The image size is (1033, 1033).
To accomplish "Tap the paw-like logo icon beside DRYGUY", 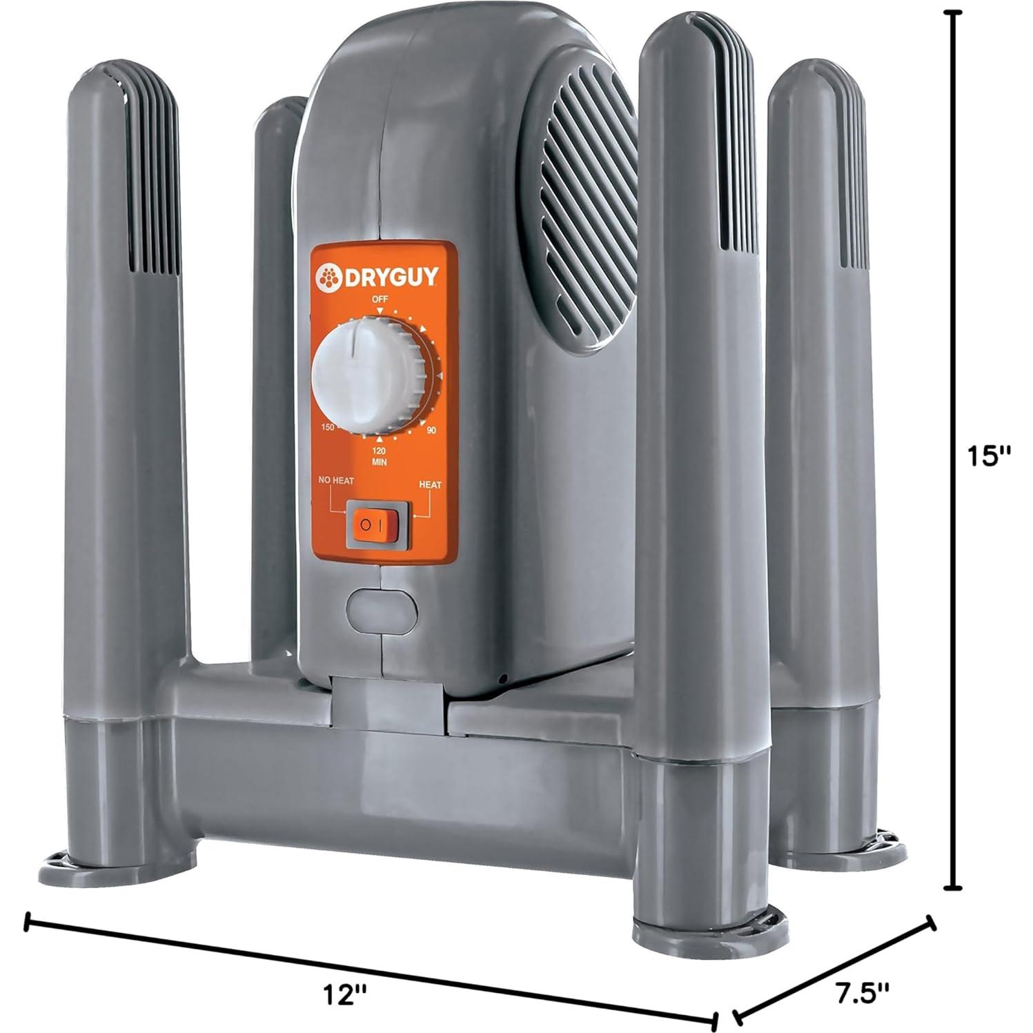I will [329, 278].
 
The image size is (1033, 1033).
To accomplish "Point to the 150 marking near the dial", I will [327, 428].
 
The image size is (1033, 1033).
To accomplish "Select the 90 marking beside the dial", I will [431, 431].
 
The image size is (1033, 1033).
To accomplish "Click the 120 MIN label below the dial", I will [379, 455].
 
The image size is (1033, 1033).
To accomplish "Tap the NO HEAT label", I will [335, 480].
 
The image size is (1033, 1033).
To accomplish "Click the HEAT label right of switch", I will [430, 485].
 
